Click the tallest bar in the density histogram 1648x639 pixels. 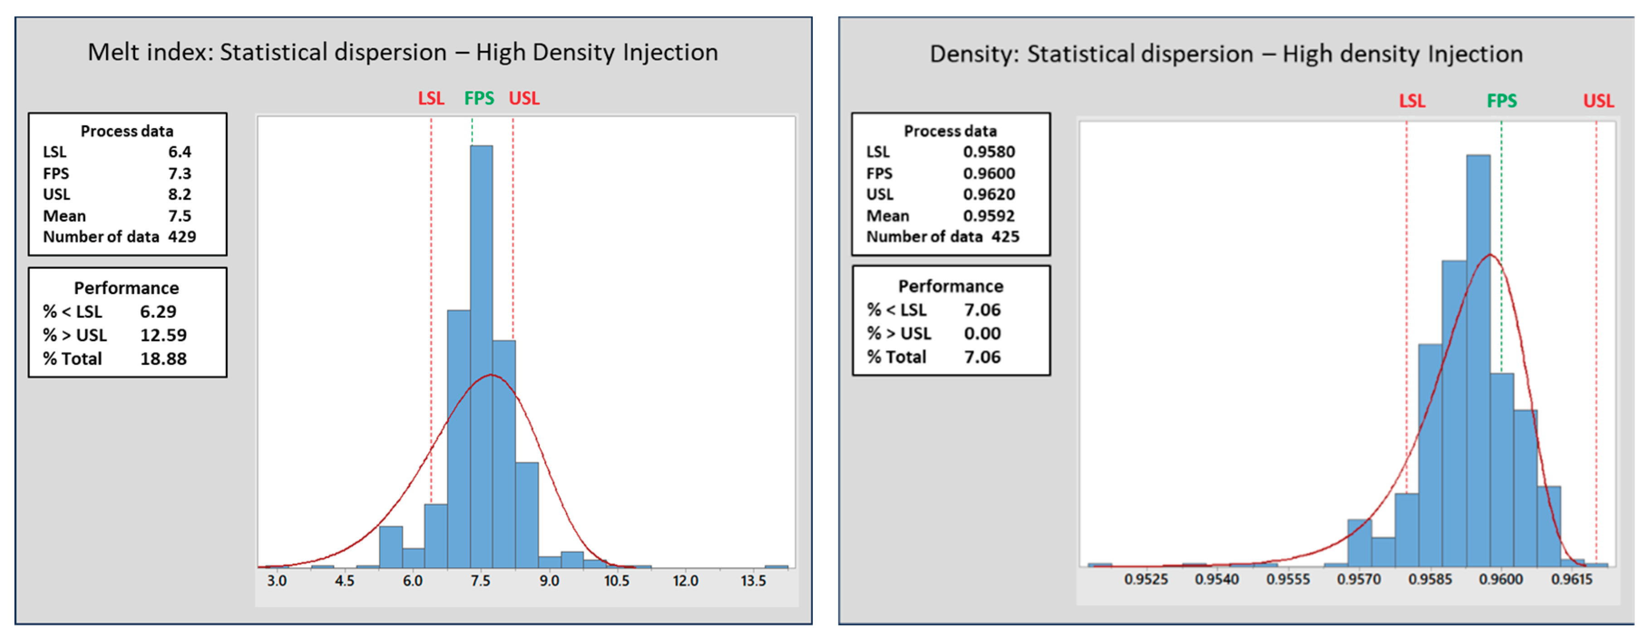point(1478,358)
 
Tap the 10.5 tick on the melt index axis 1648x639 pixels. point(616,581)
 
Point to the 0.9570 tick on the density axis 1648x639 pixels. point(1358,580)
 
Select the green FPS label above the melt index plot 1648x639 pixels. point(478,98)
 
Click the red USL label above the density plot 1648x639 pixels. point(1598,101)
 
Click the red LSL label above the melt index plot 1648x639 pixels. point(430,98)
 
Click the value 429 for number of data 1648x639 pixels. point(182,237)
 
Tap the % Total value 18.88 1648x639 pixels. point(163,359)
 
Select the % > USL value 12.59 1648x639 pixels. point(163,335)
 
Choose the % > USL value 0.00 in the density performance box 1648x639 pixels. point(982,334)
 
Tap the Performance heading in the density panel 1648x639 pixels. point(951,287)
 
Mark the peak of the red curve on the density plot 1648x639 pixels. point(1490,255)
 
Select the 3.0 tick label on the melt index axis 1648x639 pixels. point(276,581)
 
